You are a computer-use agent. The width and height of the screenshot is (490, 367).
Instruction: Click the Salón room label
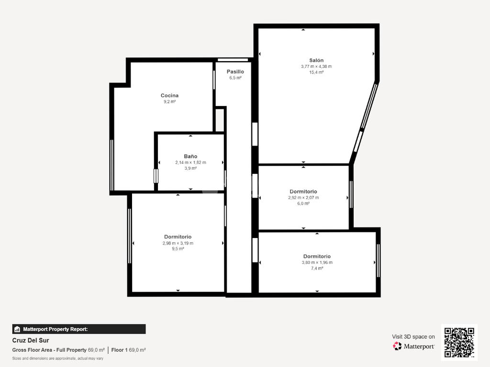[316, 60]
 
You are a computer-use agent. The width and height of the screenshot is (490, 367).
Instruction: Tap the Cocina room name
[169, 96]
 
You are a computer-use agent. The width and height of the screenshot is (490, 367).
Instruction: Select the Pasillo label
[235, 72]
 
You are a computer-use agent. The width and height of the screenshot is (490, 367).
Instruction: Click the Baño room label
[190, 156]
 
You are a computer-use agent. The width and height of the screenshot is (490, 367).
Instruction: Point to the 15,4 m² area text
[316, 72]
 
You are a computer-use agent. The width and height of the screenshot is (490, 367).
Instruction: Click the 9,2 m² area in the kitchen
[170, 102]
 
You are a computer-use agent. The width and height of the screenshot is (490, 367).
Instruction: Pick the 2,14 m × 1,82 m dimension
[190, 162]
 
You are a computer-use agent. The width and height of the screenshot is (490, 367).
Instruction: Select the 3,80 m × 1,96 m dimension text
[317, 262]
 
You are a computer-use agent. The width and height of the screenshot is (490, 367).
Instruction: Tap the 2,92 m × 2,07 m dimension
[303, 197]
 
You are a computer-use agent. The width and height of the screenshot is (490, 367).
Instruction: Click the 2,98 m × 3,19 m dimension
[178, 243]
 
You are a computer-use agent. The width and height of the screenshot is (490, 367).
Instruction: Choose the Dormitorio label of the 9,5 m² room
[178, 237]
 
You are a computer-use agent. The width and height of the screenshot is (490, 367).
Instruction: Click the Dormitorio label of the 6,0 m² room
[303, 192]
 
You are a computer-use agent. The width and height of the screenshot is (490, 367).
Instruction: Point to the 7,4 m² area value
[317, 268]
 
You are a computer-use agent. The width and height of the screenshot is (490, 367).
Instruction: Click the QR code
[459, 342]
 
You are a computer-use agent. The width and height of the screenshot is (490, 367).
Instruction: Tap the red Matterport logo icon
[397, 346]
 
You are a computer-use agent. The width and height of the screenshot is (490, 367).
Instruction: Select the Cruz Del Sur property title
[31, 340]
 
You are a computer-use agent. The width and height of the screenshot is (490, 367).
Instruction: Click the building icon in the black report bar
[17, 329]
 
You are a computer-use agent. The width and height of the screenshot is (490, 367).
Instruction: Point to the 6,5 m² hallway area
[235, 78]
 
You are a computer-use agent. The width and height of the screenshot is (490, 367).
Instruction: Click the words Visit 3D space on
[413, 337]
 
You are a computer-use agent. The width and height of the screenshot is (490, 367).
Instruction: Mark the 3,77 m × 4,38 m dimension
[316, 66]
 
